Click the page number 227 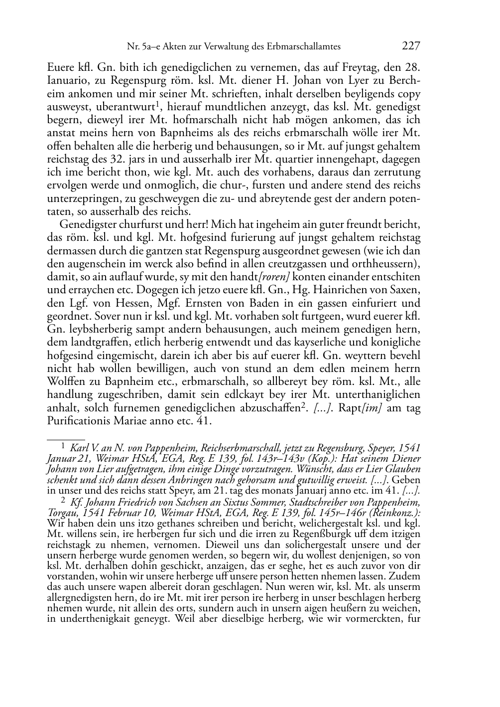pyautogui.click(x=411, y=46)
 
